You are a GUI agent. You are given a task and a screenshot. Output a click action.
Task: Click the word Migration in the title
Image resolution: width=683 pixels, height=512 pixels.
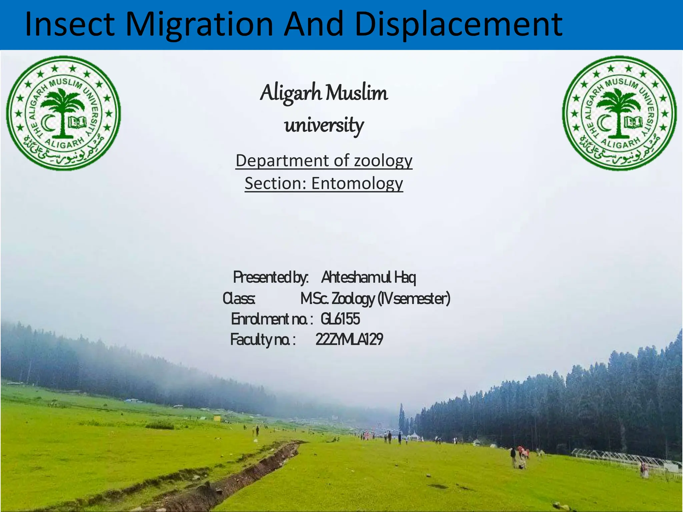[x=199, y=25]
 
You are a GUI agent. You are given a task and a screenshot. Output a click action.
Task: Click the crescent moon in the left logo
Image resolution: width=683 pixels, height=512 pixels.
[x=50, y=123]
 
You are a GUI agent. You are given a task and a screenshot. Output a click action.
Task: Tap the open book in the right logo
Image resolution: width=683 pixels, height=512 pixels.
[x=633, y=122]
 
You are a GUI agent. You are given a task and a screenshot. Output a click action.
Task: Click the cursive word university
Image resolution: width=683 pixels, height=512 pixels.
[x=324, y=126]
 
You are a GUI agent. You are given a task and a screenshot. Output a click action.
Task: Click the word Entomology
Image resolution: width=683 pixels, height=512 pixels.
[x=357, y=184]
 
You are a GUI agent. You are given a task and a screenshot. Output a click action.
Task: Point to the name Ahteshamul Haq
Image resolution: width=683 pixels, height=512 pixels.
[x=369, y=277]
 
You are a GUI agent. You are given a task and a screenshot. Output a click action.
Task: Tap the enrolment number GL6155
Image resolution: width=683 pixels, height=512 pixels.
[x=340, y=319]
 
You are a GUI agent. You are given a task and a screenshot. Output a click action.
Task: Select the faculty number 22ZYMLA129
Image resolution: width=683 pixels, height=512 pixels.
[x=349, y=340]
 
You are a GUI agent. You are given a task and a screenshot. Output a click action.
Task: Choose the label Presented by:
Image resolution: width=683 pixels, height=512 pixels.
[x=270, y=277]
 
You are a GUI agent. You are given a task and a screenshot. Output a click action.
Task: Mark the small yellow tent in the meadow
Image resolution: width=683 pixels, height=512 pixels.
[x=217, y=418]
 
